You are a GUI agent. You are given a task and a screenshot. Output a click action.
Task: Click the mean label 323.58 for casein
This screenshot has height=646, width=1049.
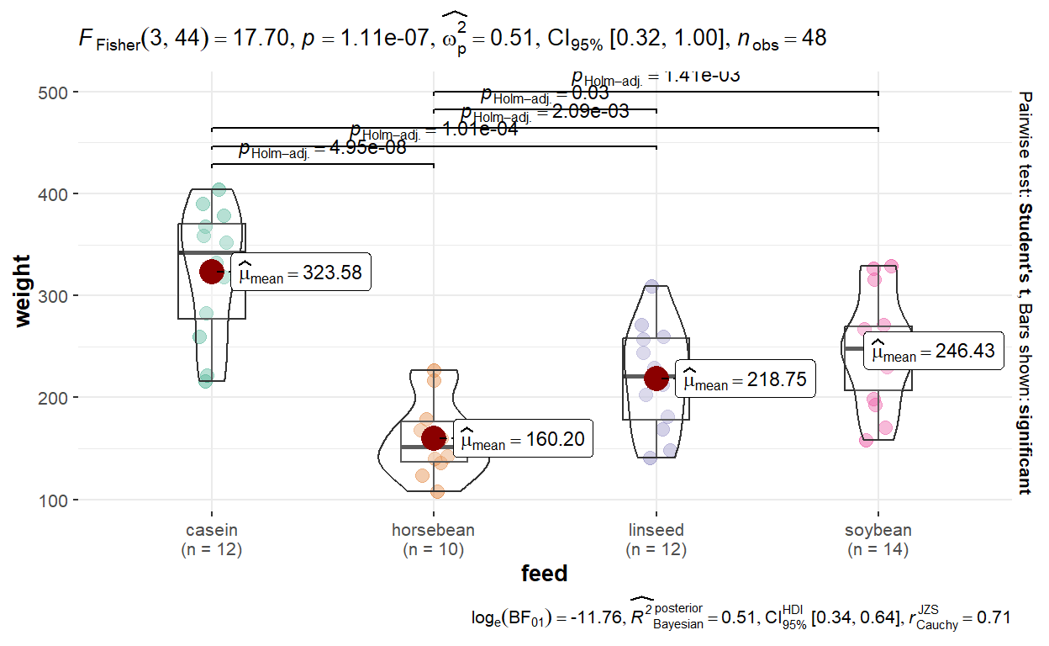pyautogui.click(x=300, y=273)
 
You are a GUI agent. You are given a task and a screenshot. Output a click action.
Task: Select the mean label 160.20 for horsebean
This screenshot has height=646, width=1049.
pyautogui.click(x=523, y=438)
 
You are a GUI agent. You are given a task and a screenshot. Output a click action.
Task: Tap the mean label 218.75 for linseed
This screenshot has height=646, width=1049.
pyautogui.click(x=745, y=379)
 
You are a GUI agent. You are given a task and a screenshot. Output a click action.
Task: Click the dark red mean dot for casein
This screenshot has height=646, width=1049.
pyautogui.click(x=211, y=271)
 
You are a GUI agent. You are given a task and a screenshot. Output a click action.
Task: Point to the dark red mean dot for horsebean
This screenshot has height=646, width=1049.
pyautogui.click(x=434, y=437)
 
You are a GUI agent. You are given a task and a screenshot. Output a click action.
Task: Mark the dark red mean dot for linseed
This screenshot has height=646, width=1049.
pyautogui.click(x=656, y=378)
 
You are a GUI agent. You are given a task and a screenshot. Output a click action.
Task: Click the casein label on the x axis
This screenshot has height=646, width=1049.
pyautogui.click(x=211, y=531)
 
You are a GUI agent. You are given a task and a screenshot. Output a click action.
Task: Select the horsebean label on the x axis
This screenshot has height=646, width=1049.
pyautogui.click(x=434, y=531)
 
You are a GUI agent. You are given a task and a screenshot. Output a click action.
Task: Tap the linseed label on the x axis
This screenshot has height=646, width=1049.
pyautogui.click(x=656, y=531)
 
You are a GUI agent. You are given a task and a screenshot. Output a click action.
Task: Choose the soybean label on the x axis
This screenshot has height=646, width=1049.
pyautogui.click(x=878, y=531)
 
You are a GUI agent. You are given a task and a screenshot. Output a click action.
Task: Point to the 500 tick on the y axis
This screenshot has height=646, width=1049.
pyautogui.click(x=54, y=92)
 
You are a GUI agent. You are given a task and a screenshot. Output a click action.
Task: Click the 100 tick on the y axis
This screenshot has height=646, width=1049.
pyautogui.click(x=54, y=500)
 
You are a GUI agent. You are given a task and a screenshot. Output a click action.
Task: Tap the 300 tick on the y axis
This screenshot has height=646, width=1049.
pyautogui.click(x=54, y=296)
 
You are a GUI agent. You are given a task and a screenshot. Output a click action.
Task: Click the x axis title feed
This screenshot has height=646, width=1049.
pyautogui.click(x=544, y=575)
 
